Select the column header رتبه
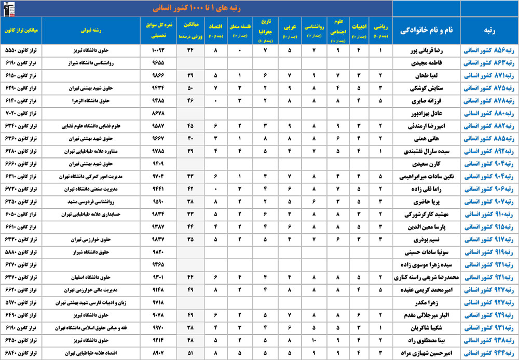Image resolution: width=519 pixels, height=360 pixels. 489,30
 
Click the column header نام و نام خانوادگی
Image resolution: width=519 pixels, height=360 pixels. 426,30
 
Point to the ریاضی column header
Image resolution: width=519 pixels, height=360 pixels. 380,30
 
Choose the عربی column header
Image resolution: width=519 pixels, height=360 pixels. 290,30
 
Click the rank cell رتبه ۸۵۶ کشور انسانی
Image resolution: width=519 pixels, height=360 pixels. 489,51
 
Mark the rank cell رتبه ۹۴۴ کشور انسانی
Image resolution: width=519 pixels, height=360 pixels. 489,352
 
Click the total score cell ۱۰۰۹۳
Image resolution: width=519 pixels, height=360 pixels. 158,51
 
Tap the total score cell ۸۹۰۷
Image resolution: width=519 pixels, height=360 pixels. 158,352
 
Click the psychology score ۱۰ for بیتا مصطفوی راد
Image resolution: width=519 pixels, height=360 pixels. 314,340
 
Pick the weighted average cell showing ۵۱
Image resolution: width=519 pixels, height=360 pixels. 190,352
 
